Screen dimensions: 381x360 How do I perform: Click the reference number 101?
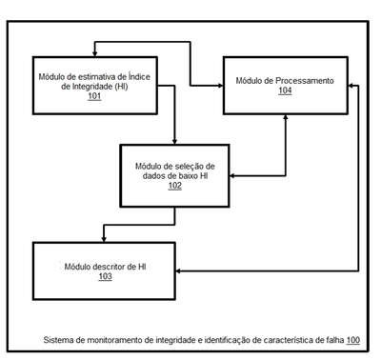tap(94, 96)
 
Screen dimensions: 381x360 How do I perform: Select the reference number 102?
tap(175, 186)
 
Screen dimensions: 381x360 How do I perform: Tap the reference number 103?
tap(106, 276)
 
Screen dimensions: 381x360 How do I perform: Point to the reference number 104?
tap(285, 90)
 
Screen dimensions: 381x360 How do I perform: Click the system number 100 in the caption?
tap(353, 340)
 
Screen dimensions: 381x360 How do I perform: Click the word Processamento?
tap(305, 81)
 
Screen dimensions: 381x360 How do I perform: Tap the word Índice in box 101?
tap(139, 76)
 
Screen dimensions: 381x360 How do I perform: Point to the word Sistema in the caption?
tap(54, 340)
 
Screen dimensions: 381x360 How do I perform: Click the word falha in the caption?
tap(336, 340)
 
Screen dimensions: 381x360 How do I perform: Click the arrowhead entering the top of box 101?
tap(94, 54)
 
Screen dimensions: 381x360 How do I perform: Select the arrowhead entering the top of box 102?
tap(174, 142)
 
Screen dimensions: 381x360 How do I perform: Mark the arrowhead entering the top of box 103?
tap(104, 239)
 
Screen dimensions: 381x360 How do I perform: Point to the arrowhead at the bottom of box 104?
tap(286, 117)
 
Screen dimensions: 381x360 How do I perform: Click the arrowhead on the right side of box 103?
tap(179, 271)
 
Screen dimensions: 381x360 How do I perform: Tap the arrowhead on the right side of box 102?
tap(232, 176)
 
